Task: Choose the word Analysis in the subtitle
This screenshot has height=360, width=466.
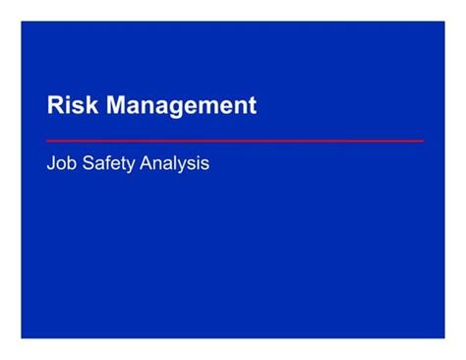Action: point(175,163)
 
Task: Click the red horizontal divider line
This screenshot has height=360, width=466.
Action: point(236,141)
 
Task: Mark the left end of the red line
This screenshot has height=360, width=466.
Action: point(48,141)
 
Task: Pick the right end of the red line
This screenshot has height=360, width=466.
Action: point(423,141)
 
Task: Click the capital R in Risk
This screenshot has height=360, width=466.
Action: point(55,105)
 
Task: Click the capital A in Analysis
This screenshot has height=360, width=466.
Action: point(147,163)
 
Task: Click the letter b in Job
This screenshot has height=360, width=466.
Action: point(71,163)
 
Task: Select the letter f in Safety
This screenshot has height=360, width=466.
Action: point(105,162)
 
